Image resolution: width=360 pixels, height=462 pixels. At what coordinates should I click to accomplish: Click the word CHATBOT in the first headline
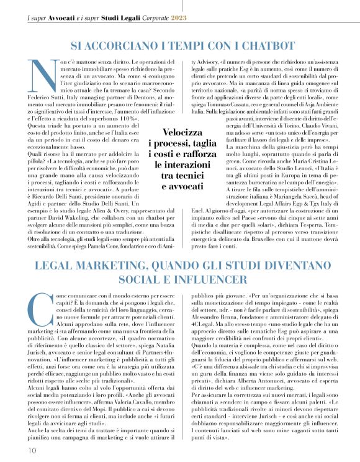coord(251,45)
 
